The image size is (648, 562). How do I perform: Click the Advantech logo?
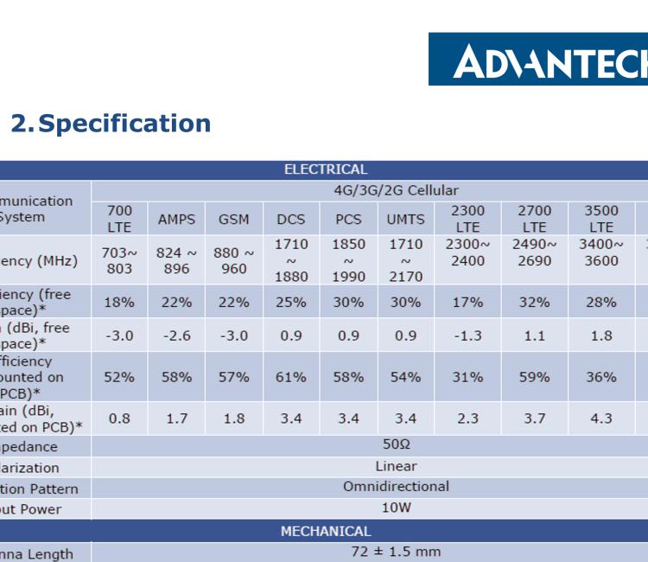[537, 60]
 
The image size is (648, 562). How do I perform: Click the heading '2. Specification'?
[111, 123]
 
